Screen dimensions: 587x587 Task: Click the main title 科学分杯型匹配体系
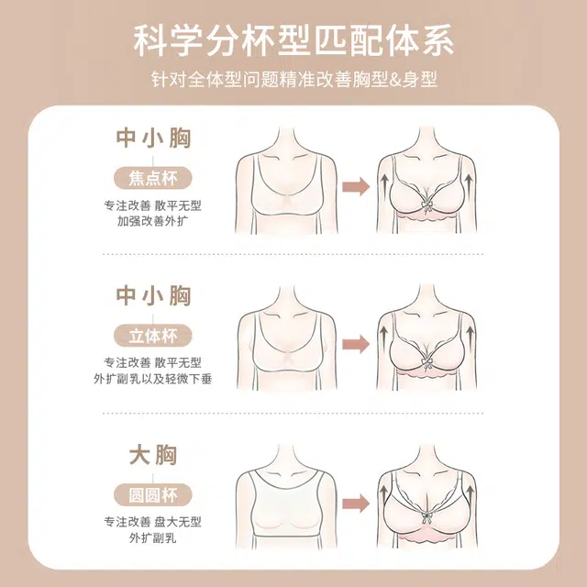click(x=293, y=41)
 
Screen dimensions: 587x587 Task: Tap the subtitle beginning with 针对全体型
click(x=294, y=79)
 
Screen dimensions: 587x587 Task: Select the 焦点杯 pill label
click(x=153, y=178)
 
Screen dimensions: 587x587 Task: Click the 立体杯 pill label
click(x=153, y=336)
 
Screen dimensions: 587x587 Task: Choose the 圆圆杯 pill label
click(x=153, y=495)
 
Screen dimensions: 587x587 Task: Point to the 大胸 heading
click(x=153, y=455)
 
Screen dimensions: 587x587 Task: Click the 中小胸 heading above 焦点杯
click(x=153, y=138)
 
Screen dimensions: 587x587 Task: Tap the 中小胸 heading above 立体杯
click(x=153, y=295)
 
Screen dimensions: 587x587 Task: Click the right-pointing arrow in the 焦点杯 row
click(x=356, y=185)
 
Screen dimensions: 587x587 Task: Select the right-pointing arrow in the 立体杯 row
click(x=356, y=344)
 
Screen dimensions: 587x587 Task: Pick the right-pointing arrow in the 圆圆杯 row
click(x=356, y=503)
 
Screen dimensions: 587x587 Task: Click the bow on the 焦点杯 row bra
click(x=426, y=205)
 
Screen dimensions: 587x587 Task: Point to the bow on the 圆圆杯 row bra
click(x=426, y=517)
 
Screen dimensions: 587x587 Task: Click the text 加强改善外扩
click(x=153, y=221)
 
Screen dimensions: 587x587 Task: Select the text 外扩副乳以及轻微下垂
click(x=153, y=379)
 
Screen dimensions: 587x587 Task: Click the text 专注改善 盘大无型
click(x=153, y=522)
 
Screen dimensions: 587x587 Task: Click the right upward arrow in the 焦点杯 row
click(x=469, y=184)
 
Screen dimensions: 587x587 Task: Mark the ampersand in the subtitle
click(x=394, y=80)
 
